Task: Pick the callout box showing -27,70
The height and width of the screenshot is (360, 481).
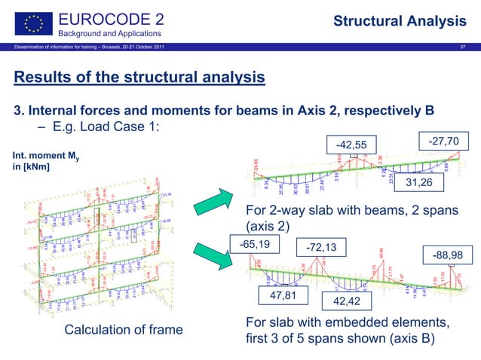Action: point(448,139)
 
